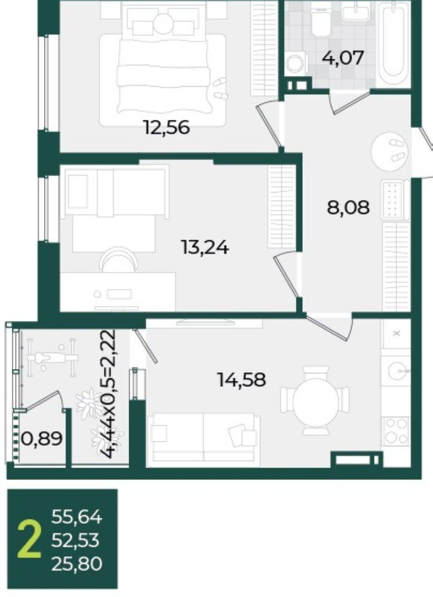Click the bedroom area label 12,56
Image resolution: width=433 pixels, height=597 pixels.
166,127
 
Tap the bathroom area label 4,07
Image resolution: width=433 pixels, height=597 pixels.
343,58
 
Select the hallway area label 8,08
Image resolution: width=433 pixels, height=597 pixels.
348,208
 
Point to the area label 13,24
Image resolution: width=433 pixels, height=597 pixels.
205,248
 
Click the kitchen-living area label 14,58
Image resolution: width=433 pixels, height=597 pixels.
242,380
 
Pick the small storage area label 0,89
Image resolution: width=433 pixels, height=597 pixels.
42,439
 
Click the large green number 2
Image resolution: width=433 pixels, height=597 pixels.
29,540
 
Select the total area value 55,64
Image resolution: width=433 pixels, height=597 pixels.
77,518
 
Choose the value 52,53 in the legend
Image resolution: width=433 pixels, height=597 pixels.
76,540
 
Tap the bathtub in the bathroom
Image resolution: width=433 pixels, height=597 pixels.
393,44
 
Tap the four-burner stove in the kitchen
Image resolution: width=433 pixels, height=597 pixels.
396,431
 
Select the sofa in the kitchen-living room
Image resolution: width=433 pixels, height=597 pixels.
205,439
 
